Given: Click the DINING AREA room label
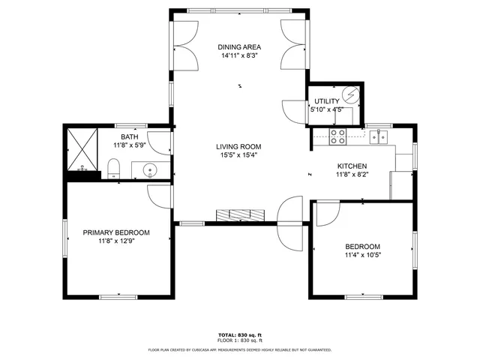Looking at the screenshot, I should [239, 46].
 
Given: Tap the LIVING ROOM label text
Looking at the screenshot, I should [239, 146].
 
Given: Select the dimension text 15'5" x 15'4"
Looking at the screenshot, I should [239, 155].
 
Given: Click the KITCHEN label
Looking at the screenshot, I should [352, 166].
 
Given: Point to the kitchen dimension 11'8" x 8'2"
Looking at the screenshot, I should [352, 175].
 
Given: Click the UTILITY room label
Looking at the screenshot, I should [326, 101].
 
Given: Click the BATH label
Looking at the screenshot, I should [129, 137].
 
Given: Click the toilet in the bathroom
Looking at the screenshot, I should [113, 166].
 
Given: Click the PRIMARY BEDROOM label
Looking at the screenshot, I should [116, 232].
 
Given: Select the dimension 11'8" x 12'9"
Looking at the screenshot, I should [116, 241].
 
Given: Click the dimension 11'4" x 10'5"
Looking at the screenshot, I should [362, 256].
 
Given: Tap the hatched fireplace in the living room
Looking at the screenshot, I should [241, 215].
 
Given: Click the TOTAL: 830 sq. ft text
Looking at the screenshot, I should [239, 334].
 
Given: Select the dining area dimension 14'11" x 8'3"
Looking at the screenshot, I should [239, 55].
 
